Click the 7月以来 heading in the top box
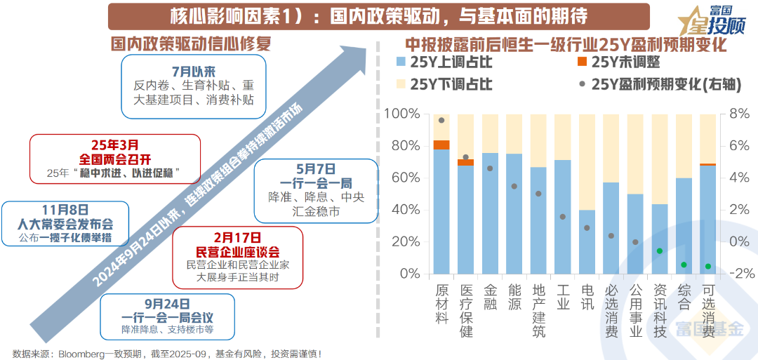[x=193, y=72]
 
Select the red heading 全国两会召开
[x=114, y=159]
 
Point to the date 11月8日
[x=65, y=210]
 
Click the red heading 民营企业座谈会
[x=238, y=251]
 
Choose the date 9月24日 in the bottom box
[x=166, y=303]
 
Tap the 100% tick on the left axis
[x=403, y=114]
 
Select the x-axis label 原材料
[x=441, y=302]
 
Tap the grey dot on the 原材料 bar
[x=441, y=120]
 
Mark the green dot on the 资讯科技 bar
[x=660, y=251]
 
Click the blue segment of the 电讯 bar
[x=587, y=242]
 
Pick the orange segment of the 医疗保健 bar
[x=465, y=163]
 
